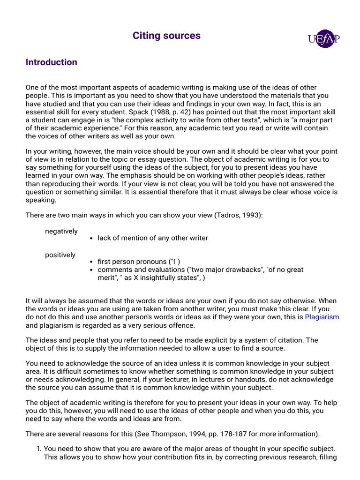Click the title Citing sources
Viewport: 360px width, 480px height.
click(x=166, y=36)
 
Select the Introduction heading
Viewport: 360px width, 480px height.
click(x=51, y=62)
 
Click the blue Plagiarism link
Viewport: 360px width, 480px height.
click(x=322, y=317)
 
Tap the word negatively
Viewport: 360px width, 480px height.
click(x=61, y=231)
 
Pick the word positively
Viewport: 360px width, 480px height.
click(x=60, y=255)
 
